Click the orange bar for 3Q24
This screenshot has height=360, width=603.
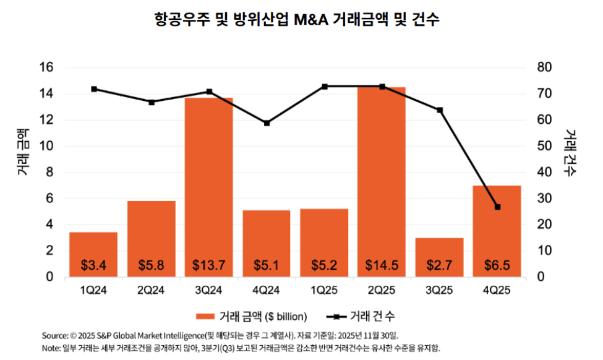click(x=209, y=187)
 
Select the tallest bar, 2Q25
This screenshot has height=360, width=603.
click(x=382, y=182)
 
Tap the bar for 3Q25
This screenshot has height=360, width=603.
click(x=439, y=257)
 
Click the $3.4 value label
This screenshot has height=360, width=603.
click(x=93, y=265)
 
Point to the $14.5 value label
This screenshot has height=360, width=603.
click(x=382, y=265)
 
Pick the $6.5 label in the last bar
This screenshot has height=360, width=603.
click(x=497, y=265)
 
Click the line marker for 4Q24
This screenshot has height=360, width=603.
click(x=267, y=123)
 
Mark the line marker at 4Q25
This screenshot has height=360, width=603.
click(x=497, y=207)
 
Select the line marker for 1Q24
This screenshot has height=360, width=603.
click(x=94, y=89)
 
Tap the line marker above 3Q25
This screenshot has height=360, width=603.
click(x=440, y=110)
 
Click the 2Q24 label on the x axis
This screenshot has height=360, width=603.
click(x=151, y=290)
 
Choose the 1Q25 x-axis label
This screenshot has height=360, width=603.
click(x=324, y=290)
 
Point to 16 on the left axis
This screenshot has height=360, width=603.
click(x=46, y=67)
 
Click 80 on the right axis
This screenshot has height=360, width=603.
click(x=544, y=67)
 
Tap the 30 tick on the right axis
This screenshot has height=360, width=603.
click(x=544, y=199)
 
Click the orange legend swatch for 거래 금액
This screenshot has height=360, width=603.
click(x=205, y=317)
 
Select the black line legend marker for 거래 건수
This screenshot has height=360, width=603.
click(x=336, y=317)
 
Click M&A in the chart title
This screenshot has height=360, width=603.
click(x=311, y=19)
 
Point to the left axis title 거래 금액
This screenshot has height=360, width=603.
click(x=22, y=152)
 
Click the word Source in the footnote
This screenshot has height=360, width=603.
click(x=54, y=335)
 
